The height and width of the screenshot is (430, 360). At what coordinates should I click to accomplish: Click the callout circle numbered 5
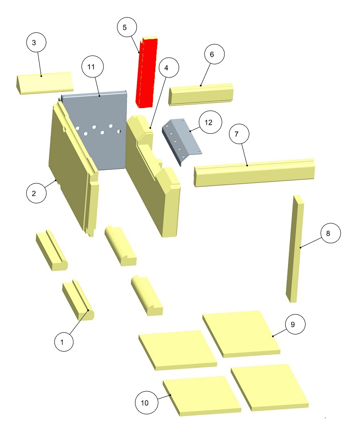(x=127, y=27)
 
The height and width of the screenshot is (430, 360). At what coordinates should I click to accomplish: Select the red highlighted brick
(x=147, y=72)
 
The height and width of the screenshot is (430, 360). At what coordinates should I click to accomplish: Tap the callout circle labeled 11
(x=93, y=67)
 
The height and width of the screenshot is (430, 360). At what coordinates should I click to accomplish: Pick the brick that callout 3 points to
(x=44, y=83)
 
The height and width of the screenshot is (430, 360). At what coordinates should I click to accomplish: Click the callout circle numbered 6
(x=215, y=54)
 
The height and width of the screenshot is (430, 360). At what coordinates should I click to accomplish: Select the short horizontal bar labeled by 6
(x=201, y=95)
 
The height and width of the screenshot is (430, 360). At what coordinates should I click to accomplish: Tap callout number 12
(x=210, y=122)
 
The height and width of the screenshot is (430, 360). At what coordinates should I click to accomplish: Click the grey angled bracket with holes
(x=181, y=140)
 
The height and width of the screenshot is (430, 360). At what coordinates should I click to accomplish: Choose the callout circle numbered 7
(x=239, y=134)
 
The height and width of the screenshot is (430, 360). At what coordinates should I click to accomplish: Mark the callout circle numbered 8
(x=331, y=233)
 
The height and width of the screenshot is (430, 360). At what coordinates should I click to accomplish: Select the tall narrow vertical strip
(x=295, y=249)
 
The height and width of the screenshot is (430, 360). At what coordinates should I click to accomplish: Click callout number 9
(x=295, y=324)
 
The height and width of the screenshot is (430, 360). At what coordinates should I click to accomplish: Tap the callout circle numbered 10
(x=147, y=403)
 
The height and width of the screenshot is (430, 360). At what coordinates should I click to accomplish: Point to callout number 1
(x=64, y=342)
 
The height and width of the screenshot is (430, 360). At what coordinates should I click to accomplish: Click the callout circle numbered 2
(x=36, y=193)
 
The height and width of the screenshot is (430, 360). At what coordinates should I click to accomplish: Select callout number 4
(x=168, y=68)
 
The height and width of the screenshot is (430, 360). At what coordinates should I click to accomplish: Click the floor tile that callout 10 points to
(x=202, y=395)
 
